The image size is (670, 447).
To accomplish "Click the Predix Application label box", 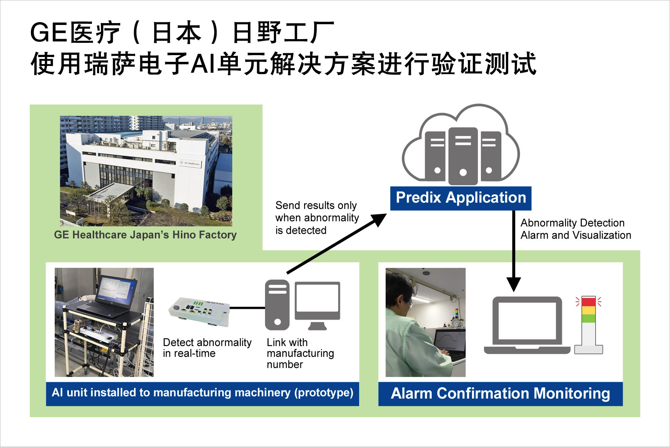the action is click(x=461, y=198).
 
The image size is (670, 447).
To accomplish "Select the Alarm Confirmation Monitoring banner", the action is click(x=500, y=394).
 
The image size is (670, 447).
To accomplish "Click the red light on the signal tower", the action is click(x=588, y=301).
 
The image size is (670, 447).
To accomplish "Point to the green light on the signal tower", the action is click(x=588, y=318).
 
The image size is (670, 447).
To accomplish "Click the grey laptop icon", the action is click(x=527, y=325).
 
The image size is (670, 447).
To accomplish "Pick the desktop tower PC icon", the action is click(x=277, y=305).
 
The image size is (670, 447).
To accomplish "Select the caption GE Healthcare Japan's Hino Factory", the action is click(x=145, y=235).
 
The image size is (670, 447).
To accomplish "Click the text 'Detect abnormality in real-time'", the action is click(x=207, y=348).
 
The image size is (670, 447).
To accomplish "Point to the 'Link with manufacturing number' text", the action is click(x=300, y=353).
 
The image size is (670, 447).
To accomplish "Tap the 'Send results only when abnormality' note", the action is click(x=317, y=218).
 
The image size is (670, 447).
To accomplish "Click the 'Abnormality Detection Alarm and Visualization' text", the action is click(x=576, y=229).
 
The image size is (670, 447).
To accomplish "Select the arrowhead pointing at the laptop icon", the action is click(x=514, y=284).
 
